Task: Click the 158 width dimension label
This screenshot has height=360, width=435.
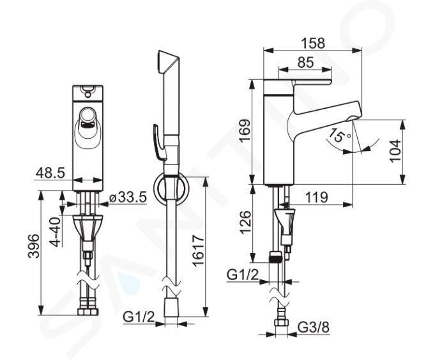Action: tap(313, 43)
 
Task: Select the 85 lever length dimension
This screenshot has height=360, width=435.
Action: tap(305, 63)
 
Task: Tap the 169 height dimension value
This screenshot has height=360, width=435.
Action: tap(245, 131)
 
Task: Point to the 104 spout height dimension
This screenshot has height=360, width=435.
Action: tap(395, 151)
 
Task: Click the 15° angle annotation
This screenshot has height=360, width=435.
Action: tap(340, 136)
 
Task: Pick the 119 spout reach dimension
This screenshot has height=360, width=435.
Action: tap(317, 198)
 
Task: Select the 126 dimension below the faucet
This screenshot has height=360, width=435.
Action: tap(245, 223)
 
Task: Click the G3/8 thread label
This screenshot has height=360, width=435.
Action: tap(314, 327)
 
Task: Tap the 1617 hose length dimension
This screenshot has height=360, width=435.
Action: tap(198, 251)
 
